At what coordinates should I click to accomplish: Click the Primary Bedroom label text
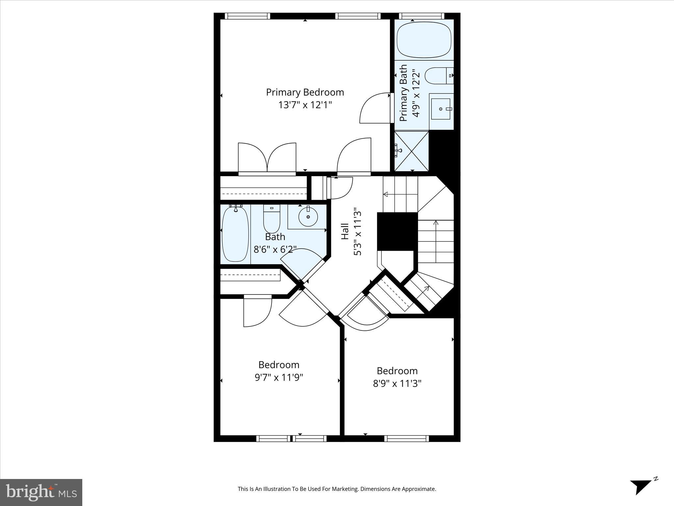point(305,92)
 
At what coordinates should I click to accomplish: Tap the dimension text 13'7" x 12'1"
point(305,105)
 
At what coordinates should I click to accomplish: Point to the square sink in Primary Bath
point(441,109)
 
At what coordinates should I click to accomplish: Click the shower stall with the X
point(411,151)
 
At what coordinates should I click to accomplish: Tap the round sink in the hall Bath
point(308,216)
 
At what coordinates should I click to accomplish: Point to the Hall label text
point(345,231)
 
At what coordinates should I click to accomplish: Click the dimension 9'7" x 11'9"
point(279,377)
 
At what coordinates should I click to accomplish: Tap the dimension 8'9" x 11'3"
point(397,383)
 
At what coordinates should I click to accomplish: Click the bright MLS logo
point(41,492)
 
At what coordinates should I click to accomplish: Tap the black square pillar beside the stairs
point(397,231)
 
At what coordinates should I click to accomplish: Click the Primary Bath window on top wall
point(422,16)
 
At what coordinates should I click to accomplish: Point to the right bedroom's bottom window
point(406,438)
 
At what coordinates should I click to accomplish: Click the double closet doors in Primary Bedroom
point(267,157)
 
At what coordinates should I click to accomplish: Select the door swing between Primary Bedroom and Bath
point(375,108)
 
